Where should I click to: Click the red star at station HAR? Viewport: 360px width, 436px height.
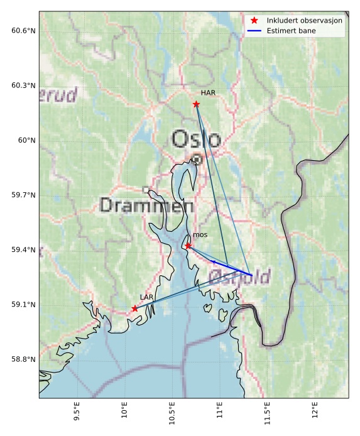tap(196, 104)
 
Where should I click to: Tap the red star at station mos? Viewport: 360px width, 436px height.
tap(188, 246)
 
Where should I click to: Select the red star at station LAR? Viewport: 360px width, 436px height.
tap(135, 308)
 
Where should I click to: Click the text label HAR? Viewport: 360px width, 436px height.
tap(209, 93)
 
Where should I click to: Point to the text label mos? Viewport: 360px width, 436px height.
tap(200, 235)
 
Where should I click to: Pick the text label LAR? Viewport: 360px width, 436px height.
tap(146, 297)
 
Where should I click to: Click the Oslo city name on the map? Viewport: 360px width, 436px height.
tap(196, 139)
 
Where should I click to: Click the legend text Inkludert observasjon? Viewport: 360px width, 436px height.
tap(304, 20)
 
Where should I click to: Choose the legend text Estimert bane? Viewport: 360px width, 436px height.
tap(291, 30)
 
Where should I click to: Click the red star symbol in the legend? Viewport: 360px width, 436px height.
tap(254, 20)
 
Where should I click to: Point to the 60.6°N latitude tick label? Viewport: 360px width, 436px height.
tap(23, 31)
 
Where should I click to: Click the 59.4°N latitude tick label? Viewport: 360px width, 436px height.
tap(23, 250)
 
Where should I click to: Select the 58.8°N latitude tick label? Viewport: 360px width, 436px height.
tap(23, 359)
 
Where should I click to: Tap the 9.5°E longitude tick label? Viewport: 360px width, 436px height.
tap(77, 415)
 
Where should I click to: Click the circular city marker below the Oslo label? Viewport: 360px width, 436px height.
tap(197, 160)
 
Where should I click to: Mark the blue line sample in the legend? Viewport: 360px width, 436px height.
tap(254, 30)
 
